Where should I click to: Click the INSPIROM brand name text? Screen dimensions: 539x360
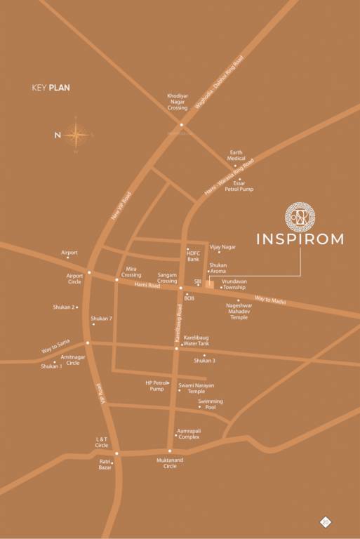(300, 239)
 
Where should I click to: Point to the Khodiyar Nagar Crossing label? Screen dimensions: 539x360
(177, 101)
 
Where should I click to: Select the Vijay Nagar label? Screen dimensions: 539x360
(223, 247)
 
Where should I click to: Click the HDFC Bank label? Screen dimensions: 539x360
(193, 255)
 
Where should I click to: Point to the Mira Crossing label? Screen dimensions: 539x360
(131, 272)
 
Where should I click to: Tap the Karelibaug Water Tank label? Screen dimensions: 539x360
(196, 340)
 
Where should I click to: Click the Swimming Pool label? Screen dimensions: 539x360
(210, 404)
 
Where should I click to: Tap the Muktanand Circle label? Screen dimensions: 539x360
(170, 463)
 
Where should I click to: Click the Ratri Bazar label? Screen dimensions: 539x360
(105, 465)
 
